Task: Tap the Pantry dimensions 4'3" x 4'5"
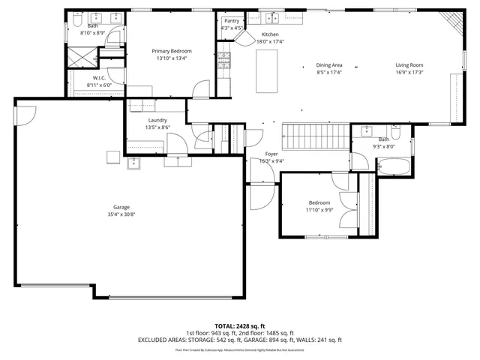coord(232,28)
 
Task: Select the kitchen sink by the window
coord(271,17)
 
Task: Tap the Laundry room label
coord(157,120)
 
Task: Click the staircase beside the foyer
coord(316,137)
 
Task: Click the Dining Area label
coord(329,65)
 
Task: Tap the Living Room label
coord(409,65)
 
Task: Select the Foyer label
coord(271,154)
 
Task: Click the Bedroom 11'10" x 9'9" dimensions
coord(319,210)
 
